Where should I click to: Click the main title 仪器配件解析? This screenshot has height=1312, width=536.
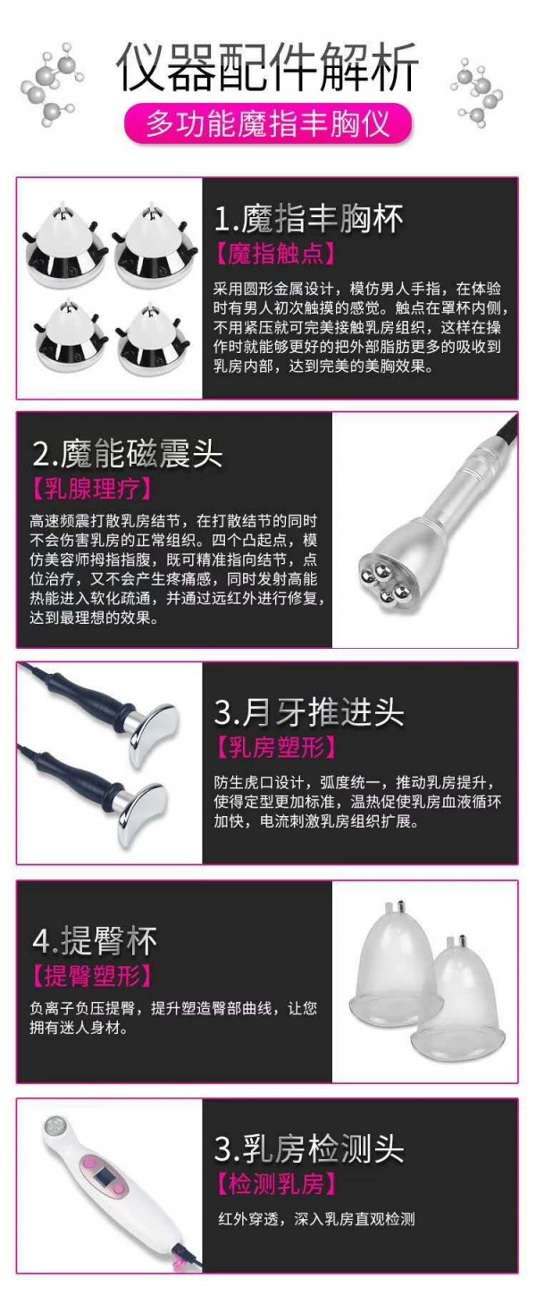point(267,66)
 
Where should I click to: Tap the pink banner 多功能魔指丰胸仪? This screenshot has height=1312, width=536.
point(268,124)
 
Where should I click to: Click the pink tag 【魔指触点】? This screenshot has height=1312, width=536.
point(275,255)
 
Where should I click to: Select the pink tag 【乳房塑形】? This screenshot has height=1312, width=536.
point(276,747)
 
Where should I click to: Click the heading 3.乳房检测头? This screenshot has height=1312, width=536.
point(309,1148)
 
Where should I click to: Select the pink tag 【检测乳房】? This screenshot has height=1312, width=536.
point(276,1184)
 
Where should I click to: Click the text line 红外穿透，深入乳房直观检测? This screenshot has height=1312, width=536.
point(316,1219)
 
